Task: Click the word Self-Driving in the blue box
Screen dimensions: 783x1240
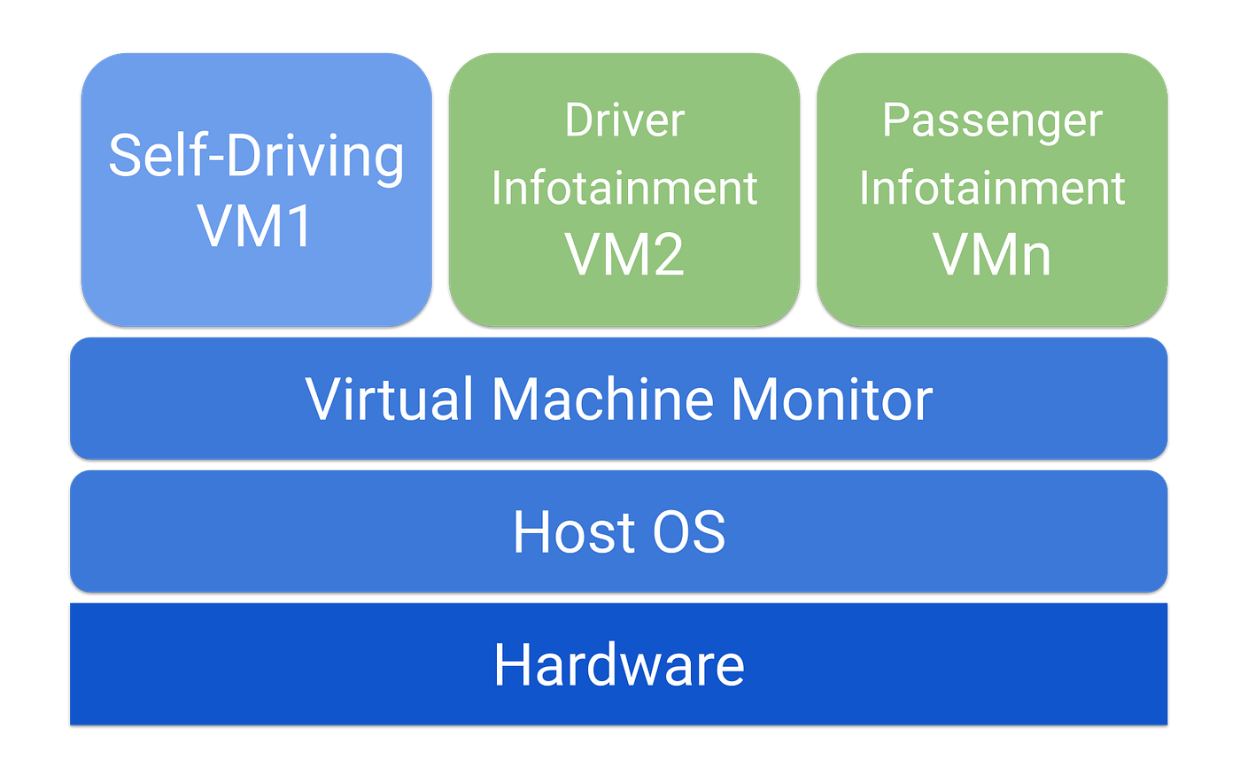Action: point(256,156)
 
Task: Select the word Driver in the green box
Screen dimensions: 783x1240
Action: point(624,120)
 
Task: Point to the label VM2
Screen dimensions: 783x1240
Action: point(624,254)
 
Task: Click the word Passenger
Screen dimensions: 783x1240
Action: point(992,120)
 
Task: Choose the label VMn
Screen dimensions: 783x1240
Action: point(992,254)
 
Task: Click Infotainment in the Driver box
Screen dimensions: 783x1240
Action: point(624,188)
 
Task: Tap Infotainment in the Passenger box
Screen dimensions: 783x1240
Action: point(992,188)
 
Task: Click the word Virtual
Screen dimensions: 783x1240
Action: point(389,399)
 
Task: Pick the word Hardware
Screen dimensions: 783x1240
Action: point(619,664)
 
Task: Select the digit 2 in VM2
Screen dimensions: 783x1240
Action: point(667,254)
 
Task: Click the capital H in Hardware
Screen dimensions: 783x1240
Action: point(512,664)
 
